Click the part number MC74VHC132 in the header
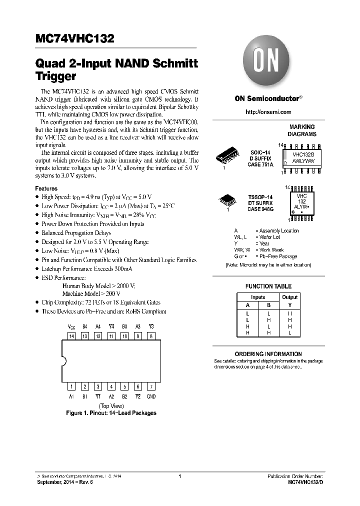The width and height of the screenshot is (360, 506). [x=75, y=39]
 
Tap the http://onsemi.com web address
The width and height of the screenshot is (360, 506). [x=268, y=112]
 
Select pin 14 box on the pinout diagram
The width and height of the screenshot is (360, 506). [x=71, y=336]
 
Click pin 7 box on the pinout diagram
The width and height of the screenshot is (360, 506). [x=151, y=386]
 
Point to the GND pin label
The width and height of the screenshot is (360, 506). [x=151, y=396]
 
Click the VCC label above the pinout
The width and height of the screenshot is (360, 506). [x=71, y=326]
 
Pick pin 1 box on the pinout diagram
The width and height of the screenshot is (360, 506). [x=71, y=386]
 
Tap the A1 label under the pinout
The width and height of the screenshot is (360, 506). [x=71, y=396]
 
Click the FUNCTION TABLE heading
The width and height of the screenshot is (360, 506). [x=268, y=286]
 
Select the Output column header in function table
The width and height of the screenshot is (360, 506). [x=289, y=297]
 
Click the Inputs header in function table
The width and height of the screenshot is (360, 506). [x=258, y=297]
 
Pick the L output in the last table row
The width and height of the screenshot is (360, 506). [x=289, y=332]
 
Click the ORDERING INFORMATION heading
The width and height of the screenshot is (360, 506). [x=268, y=354]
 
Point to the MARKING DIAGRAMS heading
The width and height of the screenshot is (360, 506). [x=301, y=130]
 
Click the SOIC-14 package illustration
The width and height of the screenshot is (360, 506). [x=228, y=156]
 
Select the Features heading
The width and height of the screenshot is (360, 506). [x=46, y=188]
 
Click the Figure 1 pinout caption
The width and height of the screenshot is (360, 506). [x=111, y=413]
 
